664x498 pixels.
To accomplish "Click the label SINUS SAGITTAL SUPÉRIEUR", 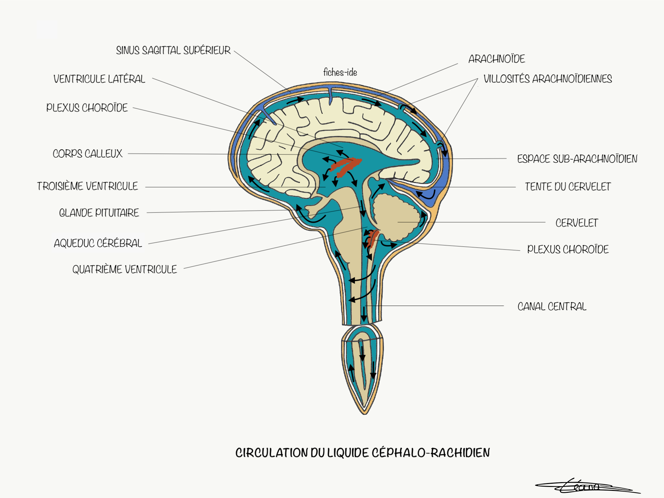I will [x=173, y=50].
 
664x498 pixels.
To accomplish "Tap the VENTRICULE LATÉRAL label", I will [x=99, y=79].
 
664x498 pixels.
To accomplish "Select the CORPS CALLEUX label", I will [x=88, y=153].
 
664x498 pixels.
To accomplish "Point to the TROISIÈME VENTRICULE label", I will [x=87, y=186].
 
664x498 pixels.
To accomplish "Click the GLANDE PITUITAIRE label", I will [x=99, y=213].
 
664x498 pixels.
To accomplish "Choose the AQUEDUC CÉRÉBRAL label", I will [x=98, y=243].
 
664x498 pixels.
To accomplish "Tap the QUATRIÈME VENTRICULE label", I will [x=124, y=269].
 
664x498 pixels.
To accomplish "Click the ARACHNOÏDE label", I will [x=497, y=59].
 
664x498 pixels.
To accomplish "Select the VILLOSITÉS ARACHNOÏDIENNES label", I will [x=548, y=79].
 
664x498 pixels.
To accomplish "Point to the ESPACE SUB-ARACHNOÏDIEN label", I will [x=577, y=159].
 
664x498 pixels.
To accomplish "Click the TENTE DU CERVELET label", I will [x=568, y=187].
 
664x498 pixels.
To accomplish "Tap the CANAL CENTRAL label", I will [x=552, y=306].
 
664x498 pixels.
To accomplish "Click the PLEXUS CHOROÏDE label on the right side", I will [x=568, y=249].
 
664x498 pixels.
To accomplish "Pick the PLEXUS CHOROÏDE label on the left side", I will [x=87, y=108].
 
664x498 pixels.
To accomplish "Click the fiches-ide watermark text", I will [x=340, y=72].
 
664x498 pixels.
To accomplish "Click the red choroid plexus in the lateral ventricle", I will [x=346, y=166].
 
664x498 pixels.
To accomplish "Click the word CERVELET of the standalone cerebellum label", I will [x=576, y=223].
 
